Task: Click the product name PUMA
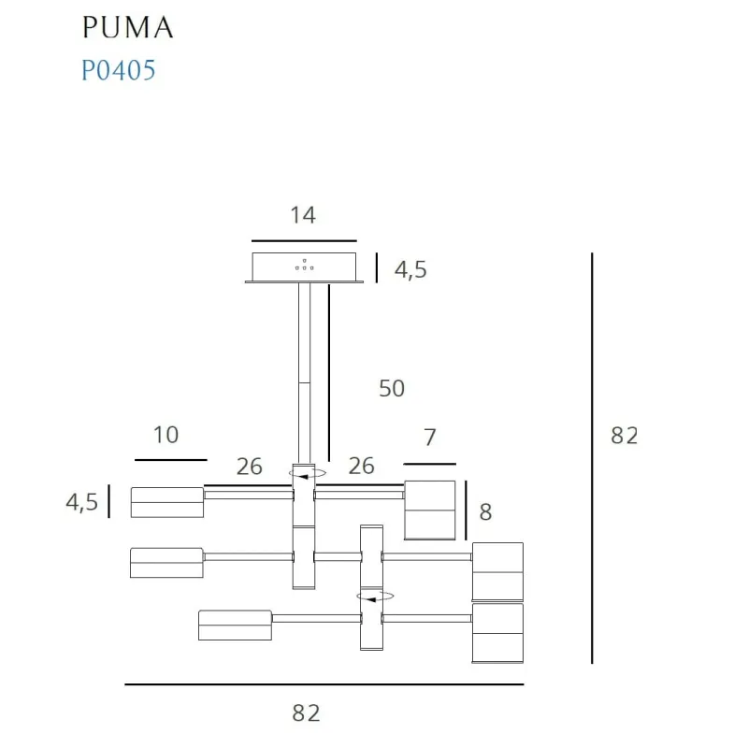click(127, 27)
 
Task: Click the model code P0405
click(118, 70)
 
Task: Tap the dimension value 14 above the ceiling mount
click(303, 215)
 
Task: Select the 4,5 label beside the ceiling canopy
click(410, 270)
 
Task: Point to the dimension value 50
click(392, 387)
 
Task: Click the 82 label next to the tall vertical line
click(624, 435)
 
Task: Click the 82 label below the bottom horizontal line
click(306, 713)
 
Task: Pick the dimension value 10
click(165, 435)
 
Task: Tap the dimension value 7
click(430, 437)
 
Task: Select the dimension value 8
click(484, 511)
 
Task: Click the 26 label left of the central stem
click(250, 467)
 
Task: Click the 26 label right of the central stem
click(361, 466)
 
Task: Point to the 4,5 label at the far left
click(81, 502)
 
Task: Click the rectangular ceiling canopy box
click(304, 266)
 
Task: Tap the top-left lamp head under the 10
click(167, 502)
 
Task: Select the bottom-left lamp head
click(235, 625)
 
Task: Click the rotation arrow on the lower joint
click(374, 596)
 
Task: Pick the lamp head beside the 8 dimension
click(430, 511)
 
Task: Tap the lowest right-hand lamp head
click(496, 633)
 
